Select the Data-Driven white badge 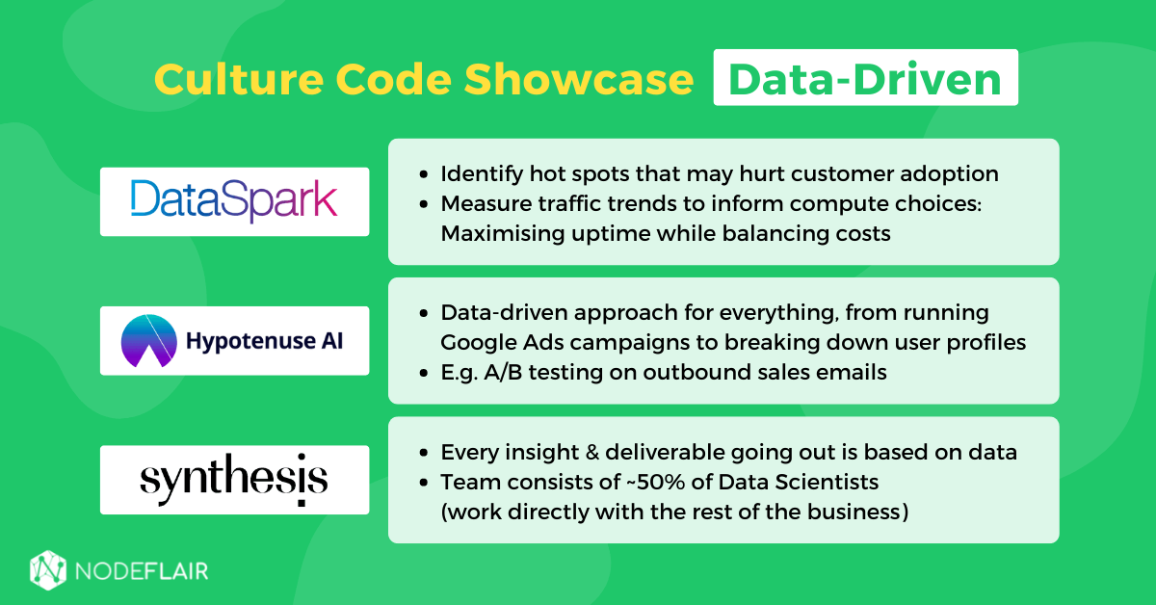tap(865, 78)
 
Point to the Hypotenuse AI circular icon tap(148, 341)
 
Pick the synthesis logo tap(234, 480)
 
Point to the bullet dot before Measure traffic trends tap(425, 205)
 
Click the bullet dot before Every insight tap(425, 453)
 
